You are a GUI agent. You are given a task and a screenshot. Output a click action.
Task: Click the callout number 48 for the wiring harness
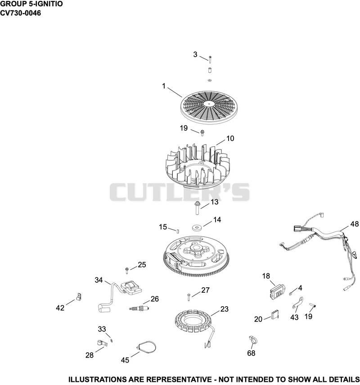[354, 224]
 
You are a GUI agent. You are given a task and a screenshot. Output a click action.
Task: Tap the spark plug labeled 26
[139, 308]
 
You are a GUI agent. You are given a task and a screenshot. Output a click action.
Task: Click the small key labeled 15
[178, 231]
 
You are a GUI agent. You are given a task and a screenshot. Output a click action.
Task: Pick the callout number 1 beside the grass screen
[164, 86]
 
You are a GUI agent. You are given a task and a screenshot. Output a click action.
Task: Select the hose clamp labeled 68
[252, 340]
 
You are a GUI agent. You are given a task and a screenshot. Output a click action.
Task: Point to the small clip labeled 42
[79, 297]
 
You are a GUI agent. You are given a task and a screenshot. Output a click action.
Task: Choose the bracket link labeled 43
[297, 302]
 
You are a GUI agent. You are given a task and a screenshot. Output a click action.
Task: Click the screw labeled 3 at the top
[210, 59]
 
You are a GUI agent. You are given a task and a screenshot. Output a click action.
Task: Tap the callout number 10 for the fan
[230, 138]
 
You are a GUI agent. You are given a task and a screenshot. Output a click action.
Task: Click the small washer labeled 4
[291, 294]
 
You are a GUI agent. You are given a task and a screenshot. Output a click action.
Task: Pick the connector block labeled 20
[274, 314]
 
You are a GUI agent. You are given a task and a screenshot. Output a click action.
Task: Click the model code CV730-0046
[20, 13]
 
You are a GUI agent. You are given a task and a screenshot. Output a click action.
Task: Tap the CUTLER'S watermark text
[180, 192]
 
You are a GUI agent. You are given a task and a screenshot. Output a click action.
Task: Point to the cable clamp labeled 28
[100, 343]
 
